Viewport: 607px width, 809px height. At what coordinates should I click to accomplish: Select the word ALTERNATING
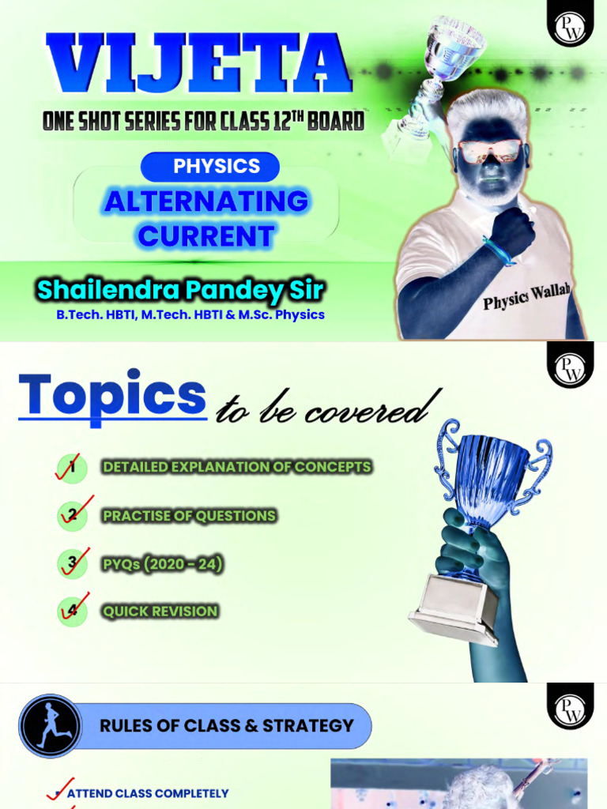pyautogui.click(x=206, y=201)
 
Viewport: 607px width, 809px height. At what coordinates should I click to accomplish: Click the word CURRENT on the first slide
pyautogui.click(x=206, y=235)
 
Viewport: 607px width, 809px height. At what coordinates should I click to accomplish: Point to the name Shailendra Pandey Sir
pyautogui.click(x=180, y=290)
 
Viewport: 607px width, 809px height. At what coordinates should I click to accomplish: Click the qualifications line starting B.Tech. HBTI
pyautogui.click(x=190, y=314)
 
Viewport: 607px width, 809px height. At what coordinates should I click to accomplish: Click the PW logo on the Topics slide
pyautogui.click(x=567, y=368)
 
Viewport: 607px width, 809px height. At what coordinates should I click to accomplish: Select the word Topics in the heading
pyautogui.click(x=112, y=395)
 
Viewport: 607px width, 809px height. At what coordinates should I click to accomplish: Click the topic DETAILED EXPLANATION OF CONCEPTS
pyautogui.click(x=236, y=467)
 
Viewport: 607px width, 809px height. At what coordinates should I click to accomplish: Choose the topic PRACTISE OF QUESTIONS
pyautogui.click(x=189, y=516)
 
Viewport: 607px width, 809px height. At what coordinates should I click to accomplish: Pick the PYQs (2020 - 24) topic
pyautogui.click(x=162, y=564)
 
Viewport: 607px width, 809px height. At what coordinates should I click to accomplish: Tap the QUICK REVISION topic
pyautogui.click(x=160, y=611)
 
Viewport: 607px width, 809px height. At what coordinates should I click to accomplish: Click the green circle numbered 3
pyautogui.click(x=73, y=564)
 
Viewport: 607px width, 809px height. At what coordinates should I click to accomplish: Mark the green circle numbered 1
pyautogui.click(x=73, y=467)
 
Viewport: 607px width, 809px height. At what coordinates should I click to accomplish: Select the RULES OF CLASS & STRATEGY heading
pyautogui.click(x=226, y=726)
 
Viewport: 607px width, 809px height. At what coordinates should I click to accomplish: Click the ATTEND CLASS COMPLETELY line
pyautogui.click(x=148, y=793)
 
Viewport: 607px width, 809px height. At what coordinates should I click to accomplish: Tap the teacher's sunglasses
pyautogui.click(x=488, y=150)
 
